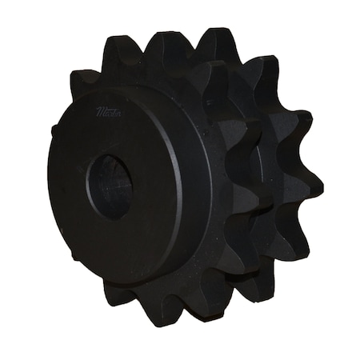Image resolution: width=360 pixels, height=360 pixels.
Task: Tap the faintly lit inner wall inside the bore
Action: pyautogui.click(x=120, y=188)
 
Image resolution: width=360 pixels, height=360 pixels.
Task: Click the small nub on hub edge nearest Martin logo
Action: pyautogui.click(x=54, y=128)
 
